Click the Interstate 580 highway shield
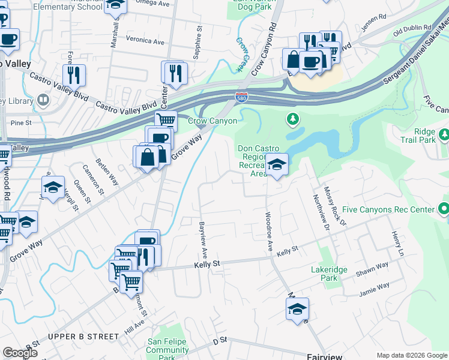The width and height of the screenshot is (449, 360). (x=240, y=97)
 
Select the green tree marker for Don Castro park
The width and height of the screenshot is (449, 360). (x=293, y=119)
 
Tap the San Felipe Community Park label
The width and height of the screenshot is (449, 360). (x=167, y=350)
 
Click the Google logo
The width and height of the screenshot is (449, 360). (x=20, y=353)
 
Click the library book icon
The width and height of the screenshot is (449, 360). (x=43, y=100)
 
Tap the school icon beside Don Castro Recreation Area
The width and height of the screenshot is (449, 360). (x=277, y=163)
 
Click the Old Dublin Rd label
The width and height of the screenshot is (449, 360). (x=412, y=28)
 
